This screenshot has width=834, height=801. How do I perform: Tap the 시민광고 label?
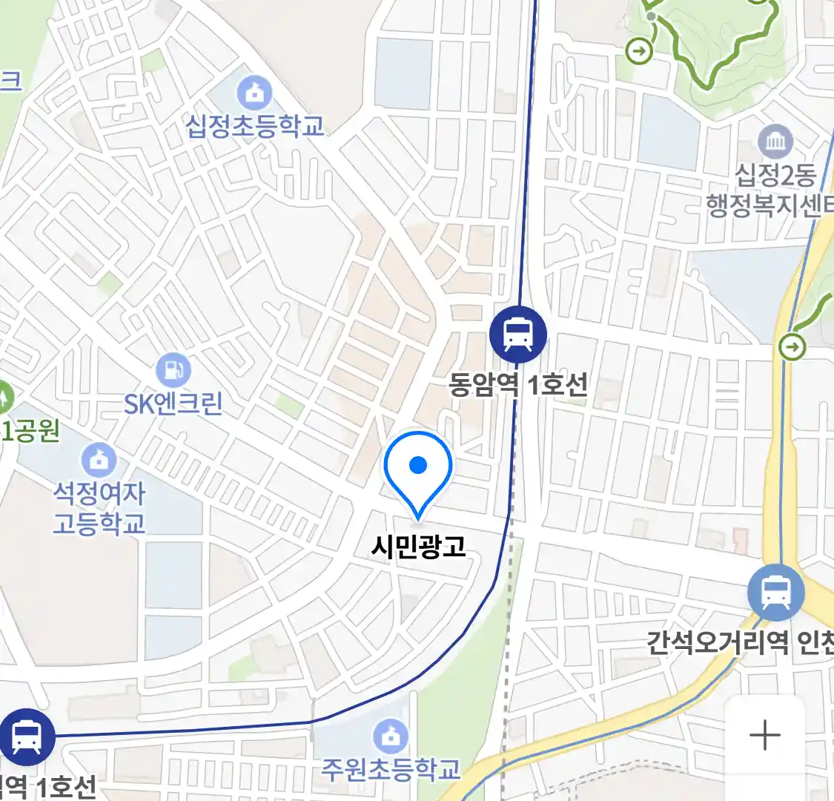click(418, 547)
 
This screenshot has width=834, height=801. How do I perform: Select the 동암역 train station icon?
click(518, 334)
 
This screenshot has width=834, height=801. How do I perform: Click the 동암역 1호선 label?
click(518, 384)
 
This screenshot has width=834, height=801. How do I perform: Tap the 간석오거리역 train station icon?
click(775, 593)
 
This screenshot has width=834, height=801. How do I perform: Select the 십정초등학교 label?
click(254, 125)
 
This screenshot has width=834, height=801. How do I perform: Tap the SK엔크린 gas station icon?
click(173, 369)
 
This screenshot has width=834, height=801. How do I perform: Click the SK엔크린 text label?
click(173, 403)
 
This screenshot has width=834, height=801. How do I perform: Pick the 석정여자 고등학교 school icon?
click(99, 460)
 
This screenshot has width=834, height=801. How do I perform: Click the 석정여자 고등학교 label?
click(99, 508)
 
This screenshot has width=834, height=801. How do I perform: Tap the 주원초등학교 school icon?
click(391, 736)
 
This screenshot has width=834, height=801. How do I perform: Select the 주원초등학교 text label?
click(391, 769)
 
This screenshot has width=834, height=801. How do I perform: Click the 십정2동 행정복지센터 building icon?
click(775, 141)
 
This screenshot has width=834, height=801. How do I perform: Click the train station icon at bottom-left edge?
click(27, 737)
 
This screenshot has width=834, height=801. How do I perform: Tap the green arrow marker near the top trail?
click(639, 51)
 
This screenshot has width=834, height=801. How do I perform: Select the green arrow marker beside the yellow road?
click(792, 346)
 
